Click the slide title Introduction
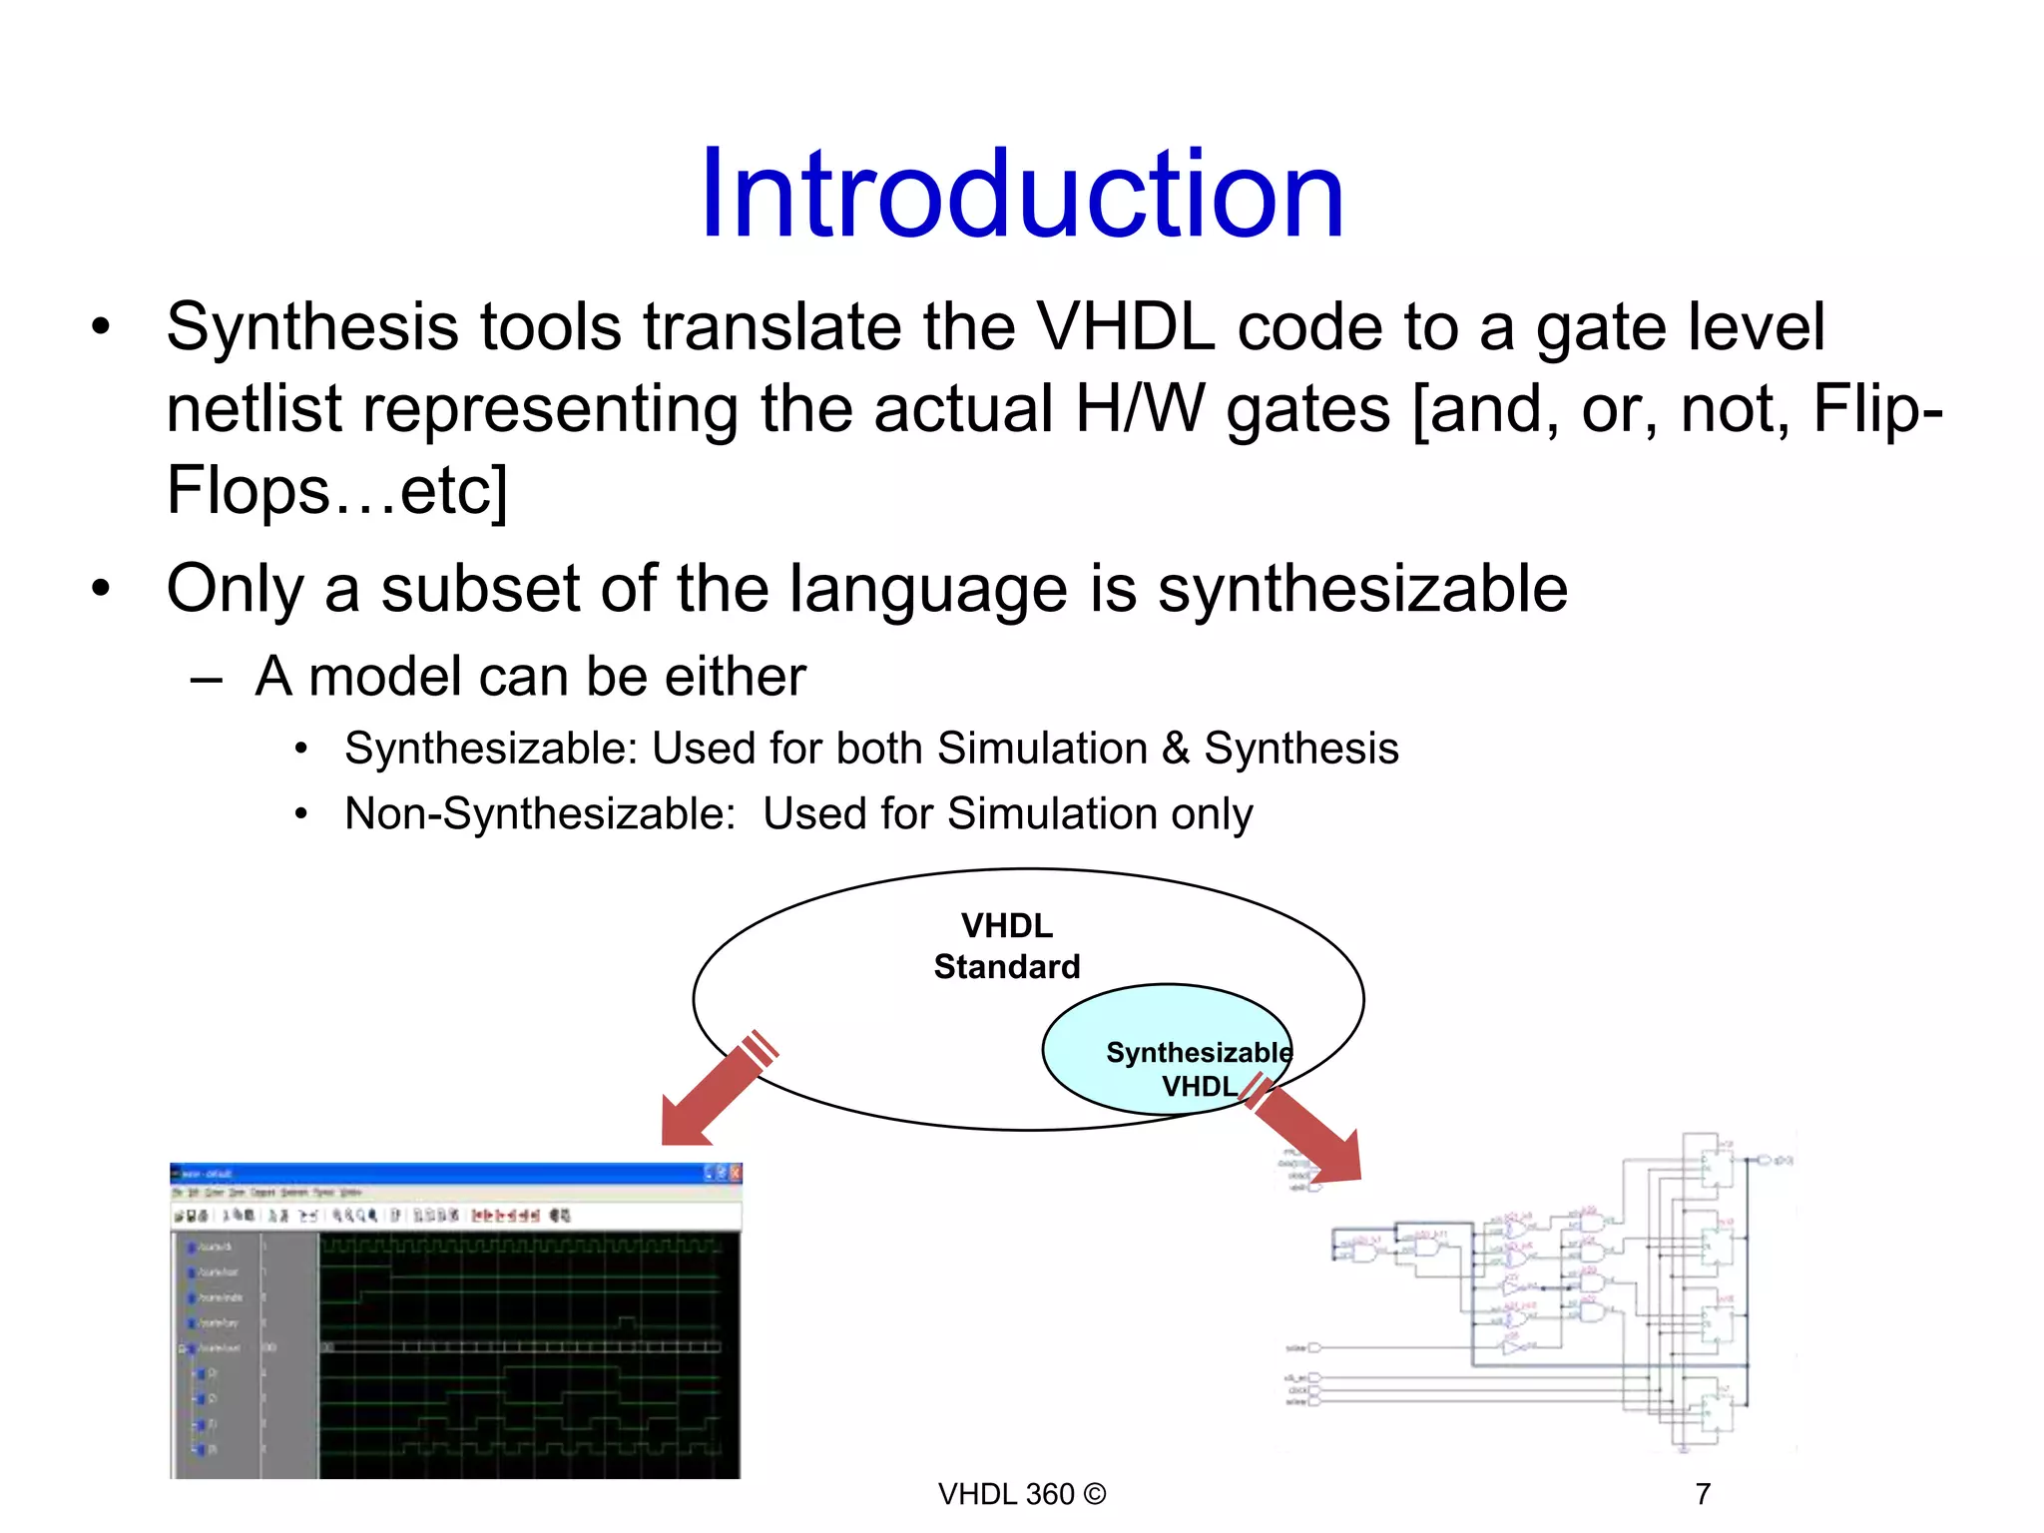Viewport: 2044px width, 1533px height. tap(1022, 195)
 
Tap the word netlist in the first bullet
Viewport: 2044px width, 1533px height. tap(253, 409)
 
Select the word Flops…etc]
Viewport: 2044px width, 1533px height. tap(337, 491)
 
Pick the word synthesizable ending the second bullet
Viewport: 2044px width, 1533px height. tap(1362, 589)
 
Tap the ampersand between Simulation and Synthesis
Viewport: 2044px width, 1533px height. tap(1175, 749)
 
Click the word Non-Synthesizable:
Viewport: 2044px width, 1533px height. tap(540, 814)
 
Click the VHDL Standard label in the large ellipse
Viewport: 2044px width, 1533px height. tap(1006, 946)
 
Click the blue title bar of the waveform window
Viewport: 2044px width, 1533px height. tap(439, 1173)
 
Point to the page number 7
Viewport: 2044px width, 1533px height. tap(1703, 1494)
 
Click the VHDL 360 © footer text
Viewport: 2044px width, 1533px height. tap(1021, 1494)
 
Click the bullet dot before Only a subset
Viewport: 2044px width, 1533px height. tap(100, 589)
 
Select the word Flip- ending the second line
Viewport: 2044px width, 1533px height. tap(1876, 409)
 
